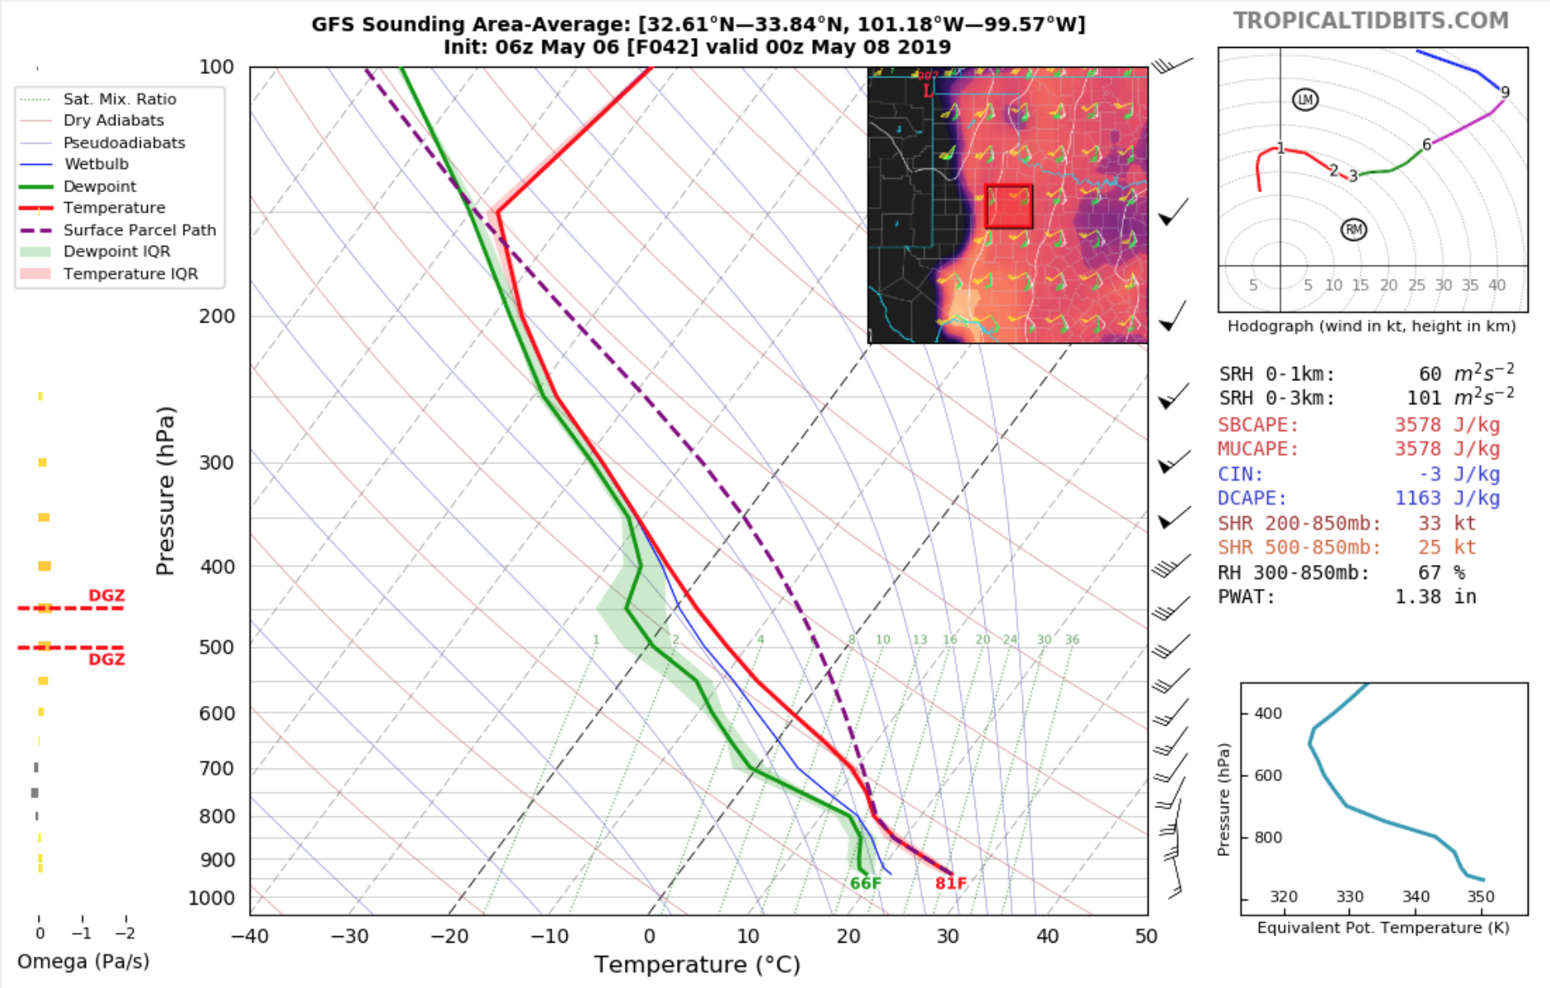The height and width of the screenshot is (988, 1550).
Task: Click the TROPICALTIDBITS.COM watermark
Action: click(x=1370, y=21)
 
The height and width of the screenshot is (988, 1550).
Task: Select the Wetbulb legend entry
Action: click(x=96, y=164)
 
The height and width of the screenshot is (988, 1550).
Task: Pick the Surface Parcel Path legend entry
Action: click(x=139, y=230)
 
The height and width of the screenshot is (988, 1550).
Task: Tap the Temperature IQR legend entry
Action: click(x=130, y=274)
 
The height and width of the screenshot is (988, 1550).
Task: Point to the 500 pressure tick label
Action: click(x=217, y=647)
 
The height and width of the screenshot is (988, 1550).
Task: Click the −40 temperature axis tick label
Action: click(x=249, y=936)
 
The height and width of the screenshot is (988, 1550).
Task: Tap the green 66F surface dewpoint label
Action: click(x=866, y=883)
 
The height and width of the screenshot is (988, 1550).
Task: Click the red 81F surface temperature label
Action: click(x=951, y=883)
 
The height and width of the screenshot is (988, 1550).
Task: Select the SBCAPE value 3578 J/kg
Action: click(x=1447, y=425)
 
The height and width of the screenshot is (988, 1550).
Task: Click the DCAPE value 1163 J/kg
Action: click(x=1447, y=498)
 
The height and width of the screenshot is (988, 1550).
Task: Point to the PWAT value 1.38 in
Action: click(x=1435, y=596)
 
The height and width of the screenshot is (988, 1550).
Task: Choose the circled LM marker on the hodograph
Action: click(x=1305, y=100)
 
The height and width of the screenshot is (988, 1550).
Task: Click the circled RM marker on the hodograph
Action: click(x=1354, y=229)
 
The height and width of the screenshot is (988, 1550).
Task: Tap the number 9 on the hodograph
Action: click(x=1505, y=92)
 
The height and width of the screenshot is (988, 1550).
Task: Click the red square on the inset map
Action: click(x=1008, y=206)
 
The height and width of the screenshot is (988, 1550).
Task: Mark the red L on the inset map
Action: click(x=928, y=90)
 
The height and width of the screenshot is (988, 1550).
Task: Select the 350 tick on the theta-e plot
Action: click(x=1481, y=896)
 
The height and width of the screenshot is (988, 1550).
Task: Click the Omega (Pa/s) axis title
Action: click(x=83, y=962)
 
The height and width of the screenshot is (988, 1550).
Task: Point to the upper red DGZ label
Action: click(x=106, y=595)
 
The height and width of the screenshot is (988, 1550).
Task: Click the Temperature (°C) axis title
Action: click(x=697, y=964)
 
